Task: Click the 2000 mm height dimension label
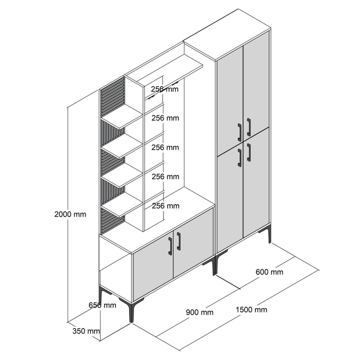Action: click(70, 214)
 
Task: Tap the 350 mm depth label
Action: click(86, 331)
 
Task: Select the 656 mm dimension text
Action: click(102, 305)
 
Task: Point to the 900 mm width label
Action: click(199, 312)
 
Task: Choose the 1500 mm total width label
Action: click(251, 309)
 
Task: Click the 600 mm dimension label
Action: click(269, 272)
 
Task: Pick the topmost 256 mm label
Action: click(164, 89)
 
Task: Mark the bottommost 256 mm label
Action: click(165, 205)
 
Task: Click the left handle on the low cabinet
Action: click(170, 246)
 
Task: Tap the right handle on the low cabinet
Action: click(178, 241)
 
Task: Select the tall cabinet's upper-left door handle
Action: click(239, 132)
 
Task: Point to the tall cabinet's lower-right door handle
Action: click(248, 152)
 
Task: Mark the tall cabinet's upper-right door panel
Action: click(256, 84)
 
